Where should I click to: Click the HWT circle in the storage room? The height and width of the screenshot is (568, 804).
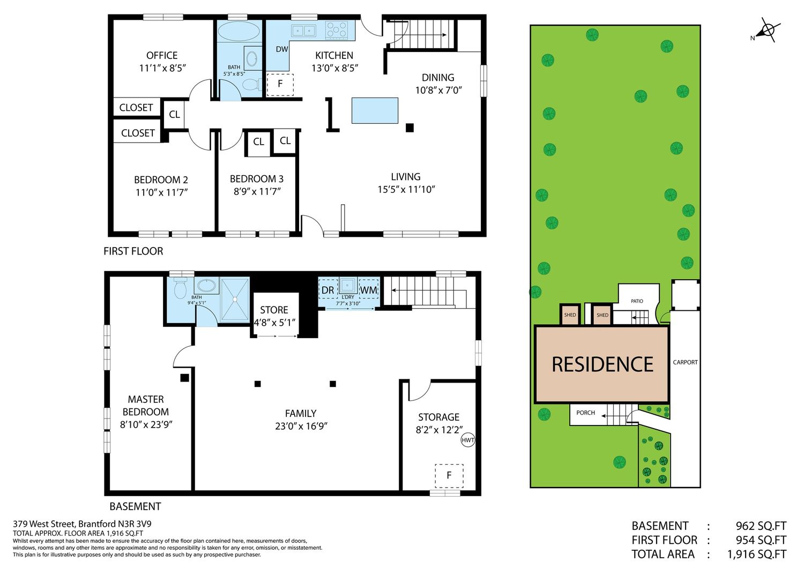[468, 440]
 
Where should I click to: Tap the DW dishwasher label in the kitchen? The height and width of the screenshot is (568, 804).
[282, 49]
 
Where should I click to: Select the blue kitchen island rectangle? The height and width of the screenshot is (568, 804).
[375, 110]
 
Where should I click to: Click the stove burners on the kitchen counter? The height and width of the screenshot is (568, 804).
[336, 30]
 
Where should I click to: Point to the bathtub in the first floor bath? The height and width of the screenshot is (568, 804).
[239, 32]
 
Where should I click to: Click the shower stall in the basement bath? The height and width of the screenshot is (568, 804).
[235, 299]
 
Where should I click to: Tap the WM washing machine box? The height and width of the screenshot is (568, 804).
[369, 289]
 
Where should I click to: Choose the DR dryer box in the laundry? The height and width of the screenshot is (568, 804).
[328, 289]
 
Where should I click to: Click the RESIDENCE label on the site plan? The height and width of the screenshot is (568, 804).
[602, 364]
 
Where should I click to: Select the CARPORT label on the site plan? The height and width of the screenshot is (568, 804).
[685, 362]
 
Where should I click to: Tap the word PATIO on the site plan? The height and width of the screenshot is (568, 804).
[637, 301]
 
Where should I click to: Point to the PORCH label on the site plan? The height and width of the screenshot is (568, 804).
[585, 413]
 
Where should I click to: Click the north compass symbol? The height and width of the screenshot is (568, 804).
[768, 30]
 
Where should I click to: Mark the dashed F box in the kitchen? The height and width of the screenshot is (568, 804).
[280, 85]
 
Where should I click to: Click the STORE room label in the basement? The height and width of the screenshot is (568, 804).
[274, 310]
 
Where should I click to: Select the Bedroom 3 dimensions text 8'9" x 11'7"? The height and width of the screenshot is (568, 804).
[257, 191]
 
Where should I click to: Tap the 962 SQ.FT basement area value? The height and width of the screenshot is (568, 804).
[761, 526]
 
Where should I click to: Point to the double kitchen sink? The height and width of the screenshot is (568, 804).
[303, 31]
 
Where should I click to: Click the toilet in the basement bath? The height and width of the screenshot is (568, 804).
[180, 288]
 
